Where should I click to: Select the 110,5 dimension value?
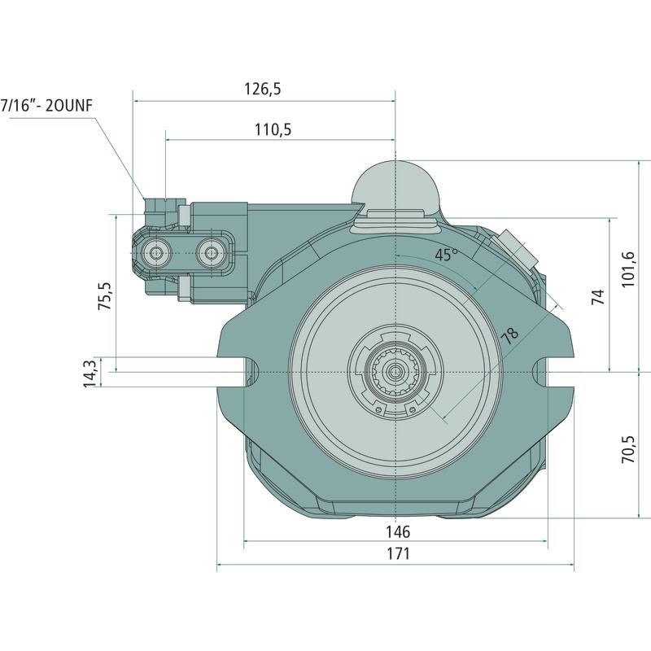(x=273, y=129)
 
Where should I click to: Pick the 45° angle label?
(x=445, y=255)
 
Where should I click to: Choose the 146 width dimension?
(x=399, y=531)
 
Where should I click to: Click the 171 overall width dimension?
(x=398, y=553)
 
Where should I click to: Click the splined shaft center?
(x=395, y=373)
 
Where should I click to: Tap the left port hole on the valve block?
(x=155, y=253)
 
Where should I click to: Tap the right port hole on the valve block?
(x=213, y=253)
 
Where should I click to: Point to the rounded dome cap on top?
(x=395, y=183)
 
